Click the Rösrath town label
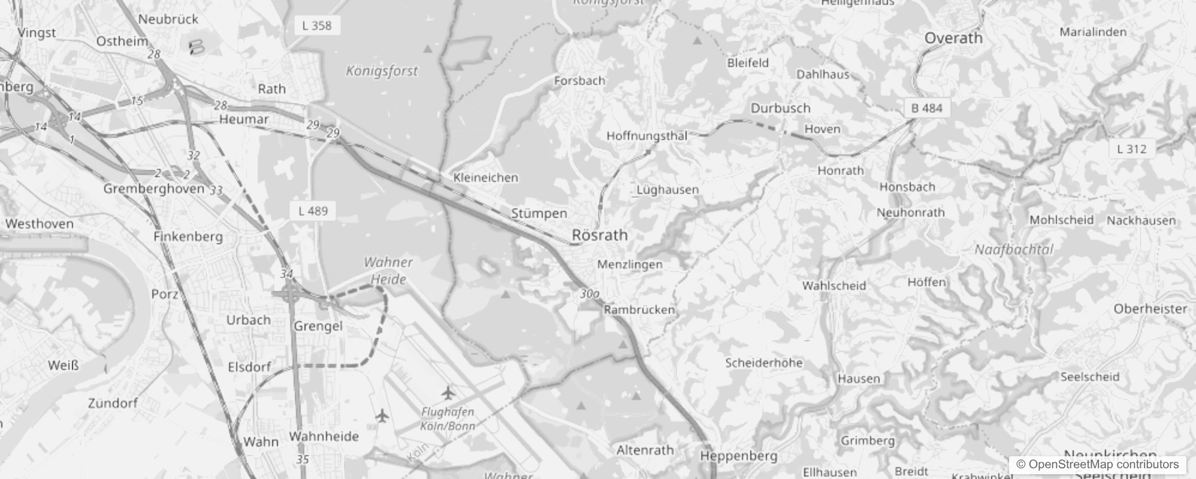(600, 235)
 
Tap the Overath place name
(953, 38)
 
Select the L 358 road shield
(317, 25)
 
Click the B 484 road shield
(926, 108)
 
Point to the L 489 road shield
(313, 211)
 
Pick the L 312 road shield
(1131, 149)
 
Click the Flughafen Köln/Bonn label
(448, 419)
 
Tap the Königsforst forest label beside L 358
(382, 71)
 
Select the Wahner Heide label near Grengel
(388, 271)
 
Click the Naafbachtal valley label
(1013, 250)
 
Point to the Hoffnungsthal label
(647, 136)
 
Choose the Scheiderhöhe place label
(763, 363)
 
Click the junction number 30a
(590, 294)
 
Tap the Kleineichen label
(485, 178)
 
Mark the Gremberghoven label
(154, 189)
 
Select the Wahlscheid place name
(834, 286)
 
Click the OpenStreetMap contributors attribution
(1097, 464)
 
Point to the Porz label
(164, 294)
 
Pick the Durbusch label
(780, 108)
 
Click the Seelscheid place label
(1089, 377)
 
